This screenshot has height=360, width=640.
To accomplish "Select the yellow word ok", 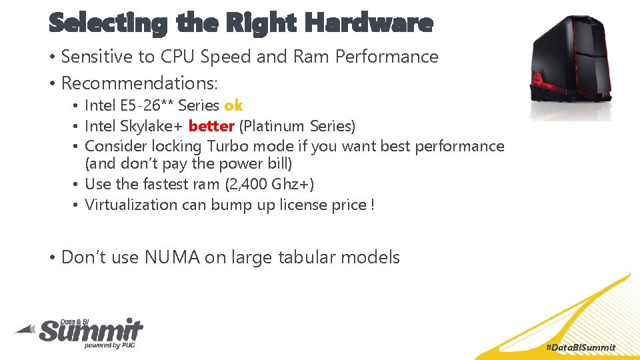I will point(233,105).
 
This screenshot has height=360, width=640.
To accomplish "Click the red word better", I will point(211,126).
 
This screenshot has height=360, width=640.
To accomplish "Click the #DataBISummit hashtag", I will point(581,347).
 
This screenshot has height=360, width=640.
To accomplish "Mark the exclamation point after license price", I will point(372,205).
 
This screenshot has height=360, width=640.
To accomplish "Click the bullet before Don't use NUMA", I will point(52,258).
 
